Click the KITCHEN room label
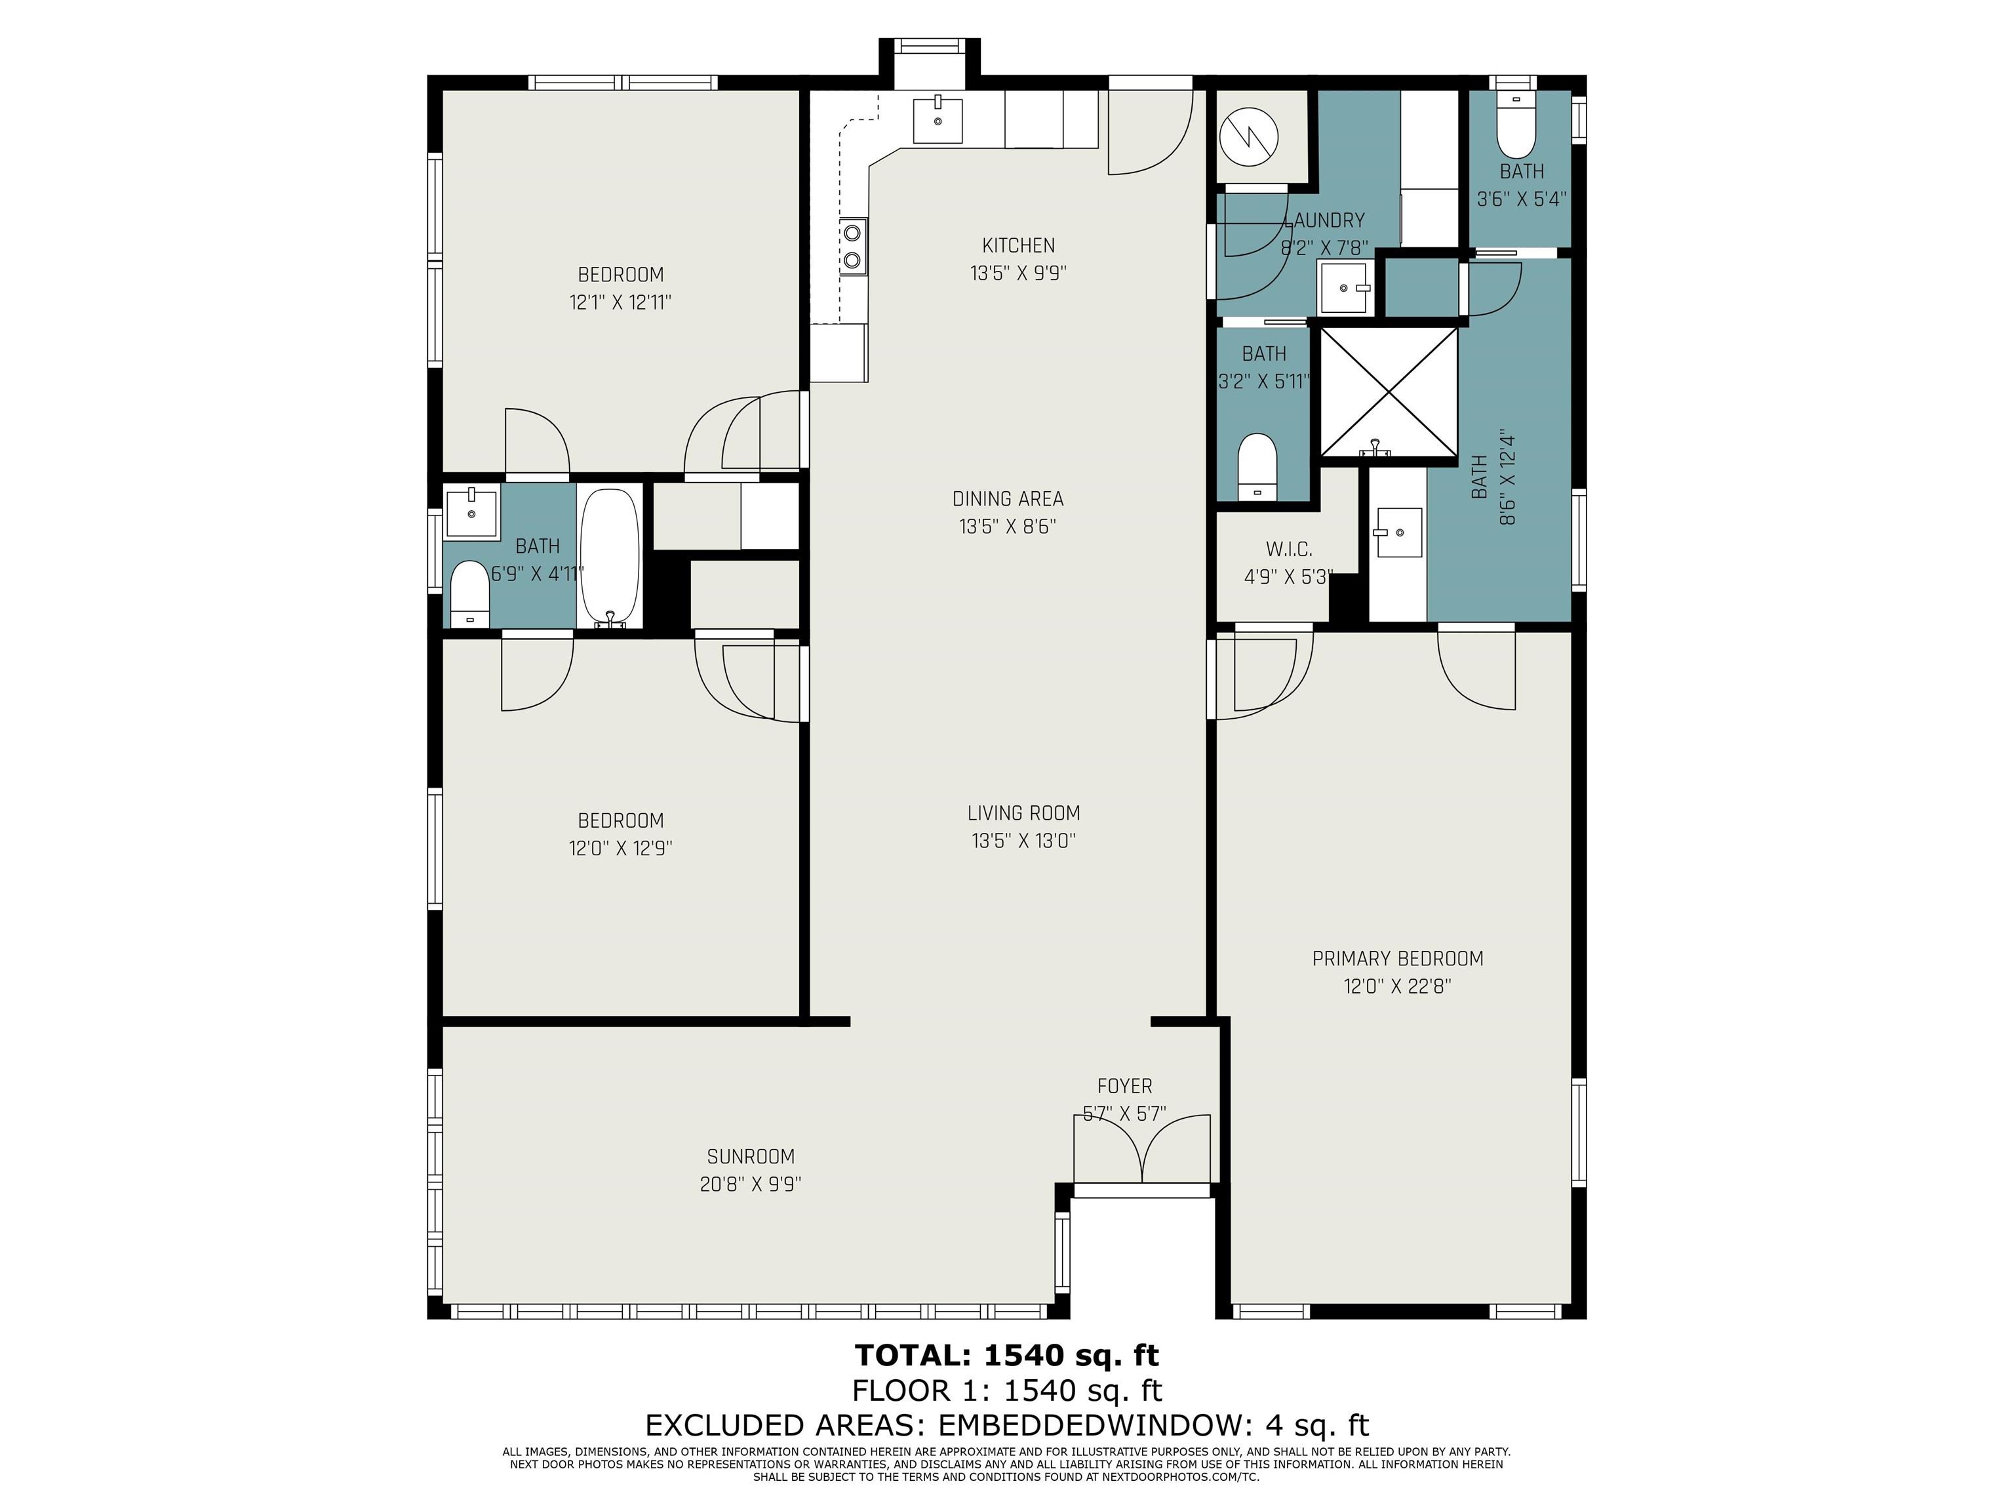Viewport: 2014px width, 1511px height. (1018, 245)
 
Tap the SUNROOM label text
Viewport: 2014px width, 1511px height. (750, 1157)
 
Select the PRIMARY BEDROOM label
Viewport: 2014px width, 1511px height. (1398, 958)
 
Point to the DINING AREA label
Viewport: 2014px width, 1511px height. (1008, 498)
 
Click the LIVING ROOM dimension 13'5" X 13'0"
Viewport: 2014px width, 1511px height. (1023, 841)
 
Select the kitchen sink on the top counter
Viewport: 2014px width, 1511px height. (938, 120)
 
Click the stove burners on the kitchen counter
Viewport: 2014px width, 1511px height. (852, 246)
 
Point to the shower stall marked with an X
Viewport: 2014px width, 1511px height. (1388, 392)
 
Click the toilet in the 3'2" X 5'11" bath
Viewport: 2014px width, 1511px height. (1258, 466)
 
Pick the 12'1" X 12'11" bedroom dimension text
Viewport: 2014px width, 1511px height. (620, 302)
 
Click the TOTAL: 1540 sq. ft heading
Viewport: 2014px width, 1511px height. (1007, 1356)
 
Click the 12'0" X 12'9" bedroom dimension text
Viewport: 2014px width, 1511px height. (620, 849)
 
